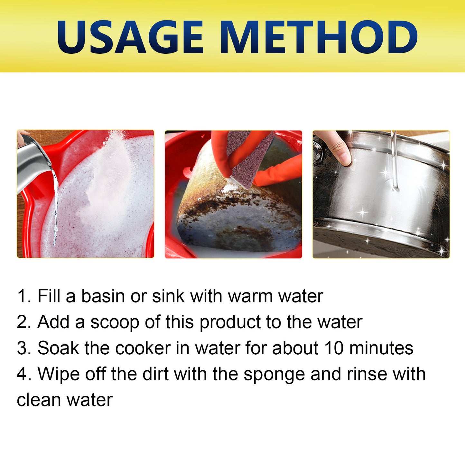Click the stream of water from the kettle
tap(56, 206)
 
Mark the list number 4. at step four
tap(24, 374)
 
